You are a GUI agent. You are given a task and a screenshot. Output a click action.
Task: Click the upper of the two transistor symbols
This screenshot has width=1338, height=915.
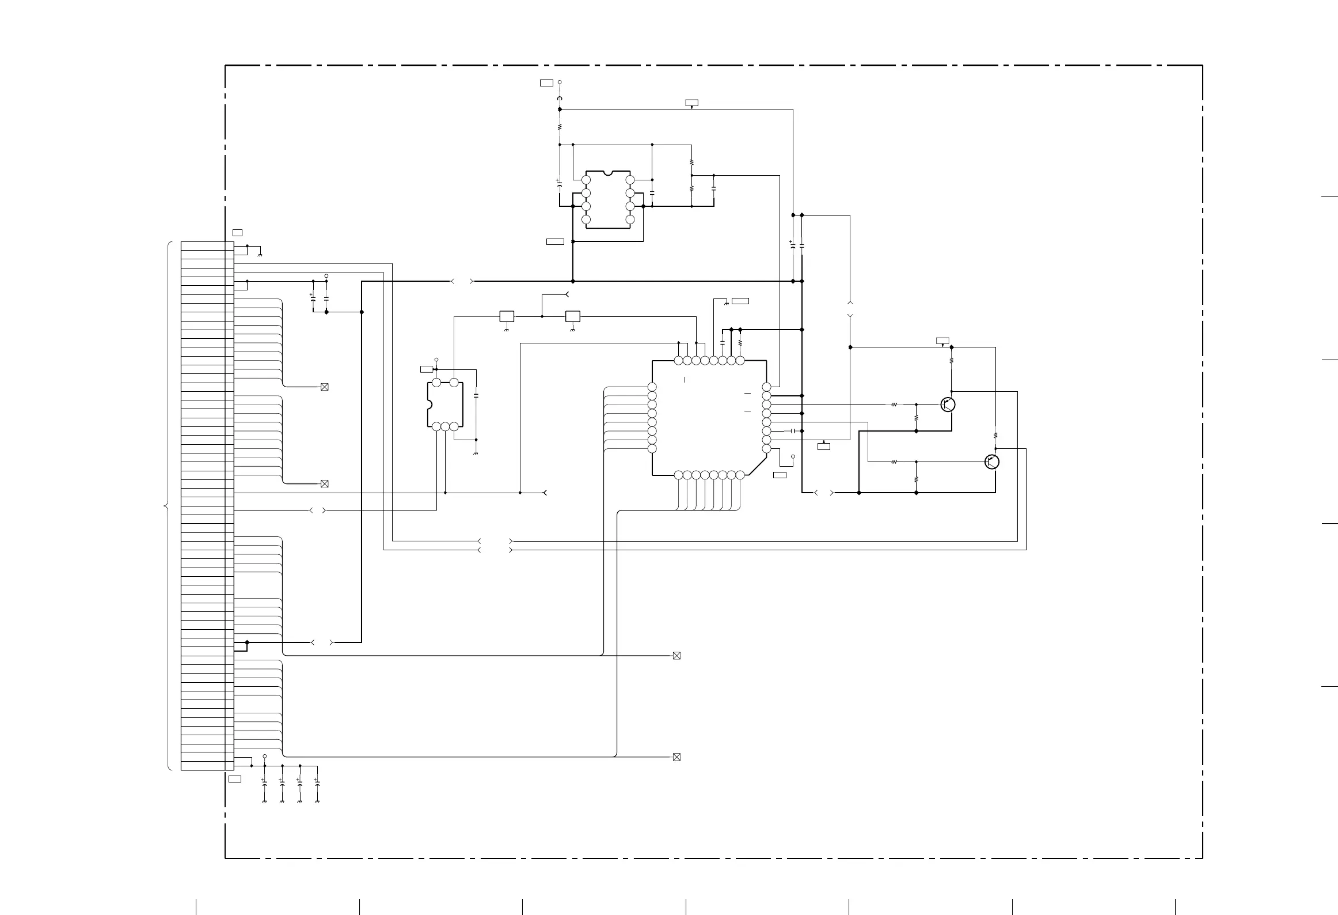pos(948,404)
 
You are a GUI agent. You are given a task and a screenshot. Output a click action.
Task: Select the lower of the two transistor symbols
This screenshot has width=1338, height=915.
pos(991,462)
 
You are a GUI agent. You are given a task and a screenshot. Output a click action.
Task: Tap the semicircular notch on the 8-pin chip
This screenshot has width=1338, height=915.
pos(608,172)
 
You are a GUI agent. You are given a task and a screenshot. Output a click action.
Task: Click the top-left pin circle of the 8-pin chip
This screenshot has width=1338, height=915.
pos(586,180)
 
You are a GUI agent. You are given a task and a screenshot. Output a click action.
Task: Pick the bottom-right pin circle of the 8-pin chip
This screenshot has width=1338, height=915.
pos(630,220)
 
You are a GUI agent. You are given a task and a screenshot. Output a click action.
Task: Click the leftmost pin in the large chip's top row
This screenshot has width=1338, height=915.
pos(678,361)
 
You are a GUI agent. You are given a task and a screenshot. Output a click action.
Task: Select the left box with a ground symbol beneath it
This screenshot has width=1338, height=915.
pos(507,316)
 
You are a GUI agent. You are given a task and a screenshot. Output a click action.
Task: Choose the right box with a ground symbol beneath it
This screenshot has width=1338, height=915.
pos(573,316)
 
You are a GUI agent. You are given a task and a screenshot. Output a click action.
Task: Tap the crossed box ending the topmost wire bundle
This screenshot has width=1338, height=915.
pos(324,387)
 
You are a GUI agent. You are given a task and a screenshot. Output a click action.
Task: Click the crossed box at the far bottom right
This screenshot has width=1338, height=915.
pos(676,757)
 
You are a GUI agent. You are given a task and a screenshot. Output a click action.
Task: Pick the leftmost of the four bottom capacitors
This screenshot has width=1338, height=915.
pos(264,784)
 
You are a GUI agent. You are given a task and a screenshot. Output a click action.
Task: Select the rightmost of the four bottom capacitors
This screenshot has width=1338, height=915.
pos(317,784)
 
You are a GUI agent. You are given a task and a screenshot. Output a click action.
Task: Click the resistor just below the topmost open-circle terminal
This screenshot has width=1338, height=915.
pos(560,127)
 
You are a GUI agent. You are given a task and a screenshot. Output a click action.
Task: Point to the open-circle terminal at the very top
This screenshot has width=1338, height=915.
pos(560,82)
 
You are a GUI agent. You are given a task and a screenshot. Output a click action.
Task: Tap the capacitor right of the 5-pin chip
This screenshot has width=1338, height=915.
pos(476,396)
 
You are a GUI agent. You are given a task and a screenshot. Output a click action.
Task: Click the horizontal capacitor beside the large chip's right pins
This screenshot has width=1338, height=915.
pos(793,431)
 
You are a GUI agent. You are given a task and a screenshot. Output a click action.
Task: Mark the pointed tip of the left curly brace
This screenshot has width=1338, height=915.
pos(165,506)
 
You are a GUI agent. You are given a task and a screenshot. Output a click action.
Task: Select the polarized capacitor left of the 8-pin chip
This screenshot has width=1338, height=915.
pos(559,183)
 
